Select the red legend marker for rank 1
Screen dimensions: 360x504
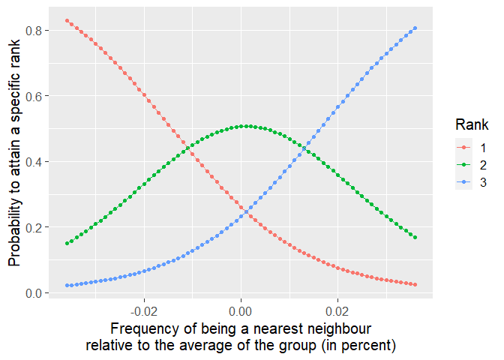[x=463, y=147]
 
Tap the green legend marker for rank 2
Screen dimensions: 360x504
[x=463, y=164]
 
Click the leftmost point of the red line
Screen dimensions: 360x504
[x=67, y=20]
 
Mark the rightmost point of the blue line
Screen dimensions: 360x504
[x=415, y=28]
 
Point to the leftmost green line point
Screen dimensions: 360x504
[x=67, y=243]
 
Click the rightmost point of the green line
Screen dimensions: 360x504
[x=415, y=238]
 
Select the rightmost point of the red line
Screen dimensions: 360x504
[x=415, y=285]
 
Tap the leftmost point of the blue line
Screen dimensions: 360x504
[x=67, y=286]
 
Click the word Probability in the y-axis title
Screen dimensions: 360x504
[x=15, y=233]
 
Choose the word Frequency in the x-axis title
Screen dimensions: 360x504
[x=142, y=330]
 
